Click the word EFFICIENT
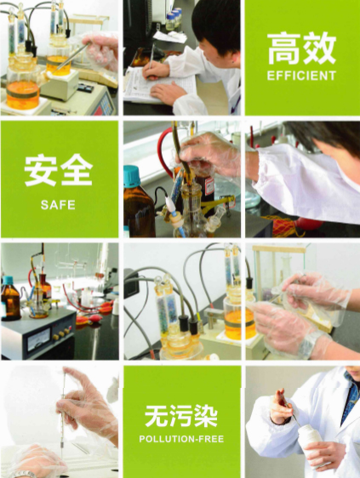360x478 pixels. pyautogui.click(x=301, y=75)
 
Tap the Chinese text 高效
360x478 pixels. pyautogui.click(x=301, y=49)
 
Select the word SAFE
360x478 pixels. pyautogui.click(x=58, y=204)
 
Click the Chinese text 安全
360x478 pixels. pyautogui.click(x=58, y=171)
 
